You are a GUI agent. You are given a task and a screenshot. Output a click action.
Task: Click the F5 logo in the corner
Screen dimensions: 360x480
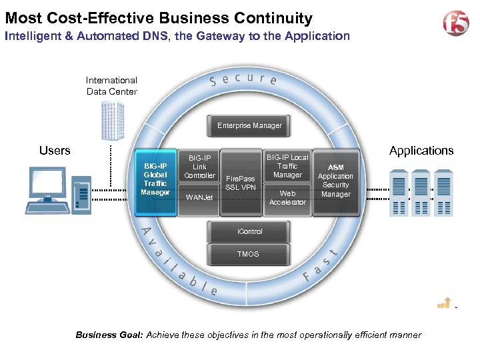[456, 23]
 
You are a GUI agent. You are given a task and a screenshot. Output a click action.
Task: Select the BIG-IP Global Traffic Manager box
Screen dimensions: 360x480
[155, 179]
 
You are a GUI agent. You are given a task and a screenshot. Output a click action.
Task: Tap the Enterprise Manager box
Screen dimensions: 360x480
[249, 125]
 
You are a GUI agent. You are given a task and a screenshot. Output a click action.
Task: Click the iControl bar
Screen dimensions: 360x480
[249, 231]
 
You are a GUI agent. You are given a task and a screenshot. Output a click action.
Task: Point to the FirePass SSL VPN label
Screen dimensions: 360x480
[240, 183]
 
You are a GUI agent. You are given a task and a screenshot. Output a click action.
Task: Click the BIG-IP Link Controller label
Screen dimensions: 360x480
[199, 167]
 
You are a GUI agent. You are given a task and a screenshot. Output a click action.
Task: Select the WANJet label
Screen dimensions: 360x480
[199, 198]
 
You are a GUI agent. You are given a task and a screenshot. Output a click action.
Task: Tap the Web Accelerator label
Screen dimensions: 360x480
[287, 198]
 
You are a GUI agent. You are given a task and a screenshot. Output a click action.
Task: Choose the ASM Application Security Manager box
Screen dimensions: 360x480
[335, 181]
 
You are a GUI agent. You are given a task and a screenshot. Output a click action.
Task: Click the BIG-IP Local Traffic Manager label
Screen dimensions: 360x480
[287, 166]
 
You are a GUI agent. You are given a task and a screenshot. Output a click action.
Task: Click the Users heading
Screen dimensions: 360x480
[55, 151]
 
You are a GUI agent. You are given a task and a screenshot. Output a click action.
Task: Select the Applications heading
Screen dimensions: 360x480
[421, 151]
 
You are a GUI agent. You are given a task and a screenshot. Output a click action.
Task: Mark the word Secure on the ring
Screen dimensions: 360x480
[243, 79]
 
